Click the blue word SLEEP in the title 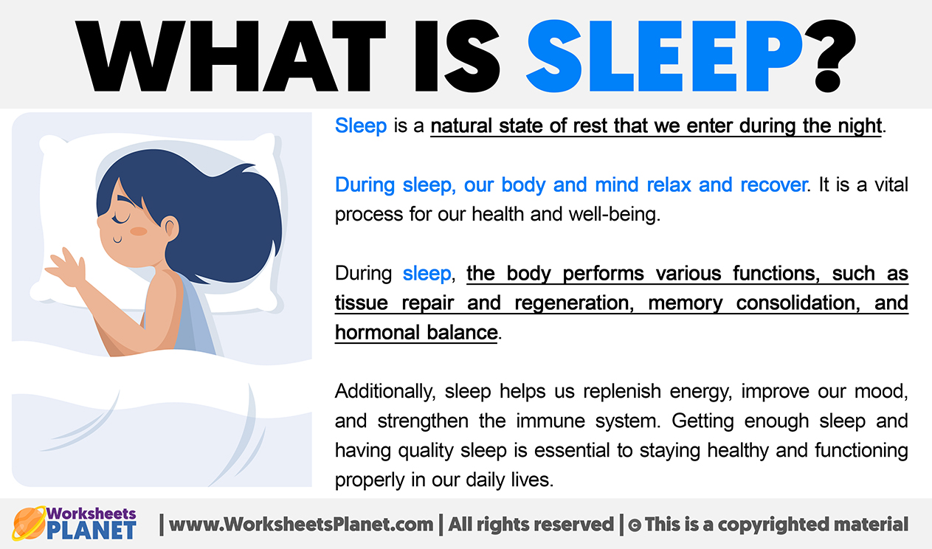pos(664,56)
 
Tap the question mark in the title pos(830,56)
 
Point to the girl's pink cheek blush pos(139,231)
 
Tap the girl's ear pos(170,228)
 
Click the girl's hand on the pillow pos(66,266)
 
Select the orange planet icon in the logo pos(28,523)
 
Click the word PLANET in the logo pos(92,530)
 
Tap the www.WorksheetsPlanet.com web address pos(301,524)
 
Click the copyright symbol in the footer pos(634,525)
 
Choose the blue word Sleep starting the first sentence pos(361,125)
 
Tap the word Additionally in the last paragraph pos(385,392)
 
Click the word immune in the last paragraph pos(550,421)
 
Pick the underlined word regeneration pos(574,303)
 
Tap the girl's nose pos(100,222)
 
